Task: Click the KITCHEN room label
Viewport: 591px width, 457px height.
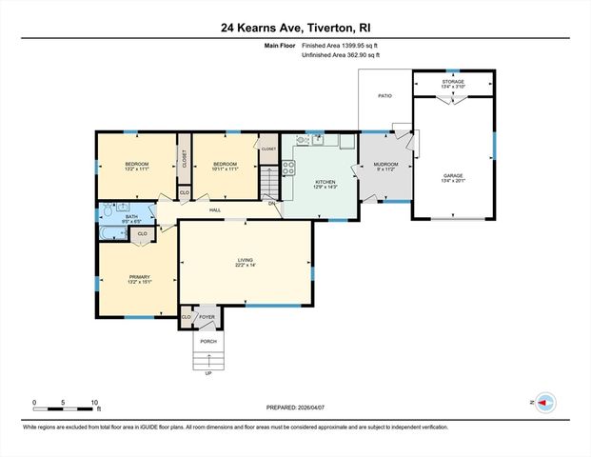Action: pyautogui.click(x=325, y=181)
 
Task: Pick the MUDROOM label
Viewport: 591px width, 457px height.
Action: pyautogui.click(x=384, y=165)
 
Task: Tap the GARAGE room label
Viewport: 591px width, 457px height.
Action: pyautogui.click(x=452, y=175)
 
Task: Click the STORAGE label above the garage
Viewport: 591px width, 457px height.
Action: pyautogui.click(x=452, y=82)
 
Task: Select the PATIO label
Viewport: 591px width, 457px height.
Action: pyautogui.click(x=384, y=96)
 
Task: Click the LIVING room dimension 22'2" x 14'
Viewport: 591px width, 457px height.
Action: pyautogui.click(x=245, y=266)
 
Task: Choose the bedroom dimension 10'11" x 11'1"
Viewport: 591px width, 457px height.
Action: pyautogui.click(x=224, y=170)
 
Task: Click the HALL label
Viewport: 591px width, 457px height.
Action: pyautogui.click(x=215, y=209)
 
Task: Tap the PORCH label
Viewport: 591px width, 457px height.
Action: pyautogui.click(x=207, y=341)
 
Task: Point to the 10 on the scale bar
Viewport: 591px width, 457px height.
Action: pyautogui.click(x=94, y=402)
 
